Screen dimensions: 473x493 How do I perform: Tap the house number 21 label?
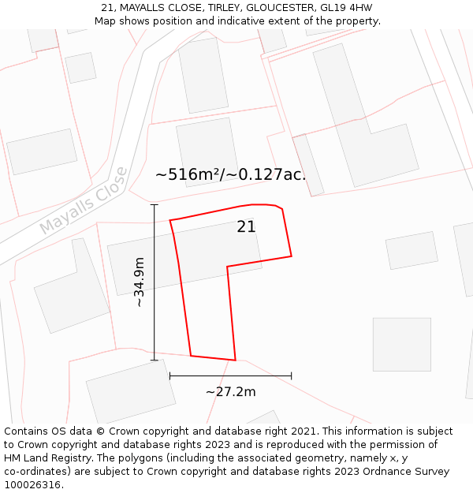point(246,227)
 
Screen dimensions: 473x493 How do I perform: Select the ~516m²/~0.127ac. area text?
point(230,175)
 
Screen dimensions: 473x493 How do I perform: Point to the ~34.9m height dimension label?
point(139,282)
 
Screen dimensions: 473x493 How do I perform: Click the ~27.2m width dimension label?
point(231,392)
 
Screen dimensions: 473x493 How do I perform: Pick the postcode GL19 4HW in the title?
point(346,8)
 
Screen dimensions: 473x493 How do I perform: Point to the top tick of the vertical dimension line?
point(155,205)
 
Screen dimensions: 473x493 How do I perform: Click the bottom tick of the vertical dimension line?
point(155,360)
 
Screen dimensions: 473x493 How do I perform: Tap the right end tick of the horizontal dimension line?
point(292,376)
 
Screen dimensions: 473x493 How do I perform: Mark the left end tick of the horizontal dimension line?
point(170,376)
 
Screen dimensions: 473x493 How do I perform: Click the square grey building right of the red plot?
point(402,344)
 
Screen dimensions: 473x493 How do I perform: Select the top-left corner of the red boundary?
point(170,220)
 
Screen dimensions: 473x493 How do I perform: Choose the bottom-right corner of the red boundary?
point(235,360)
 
